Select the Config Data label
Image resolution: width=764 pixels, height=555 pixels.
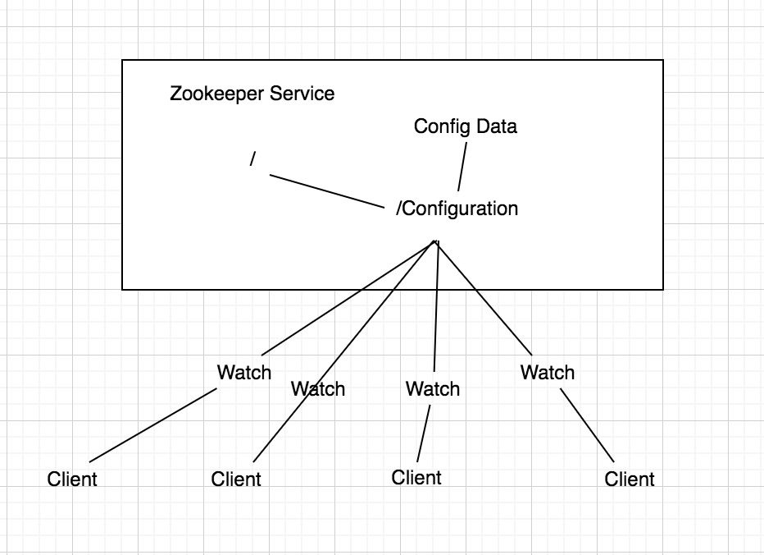tap(465, 126)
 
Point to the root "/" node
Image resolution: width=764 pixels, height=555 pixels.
tap(253, 159)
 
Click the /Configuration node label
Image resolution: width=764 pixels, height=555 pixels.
tap(457, 209)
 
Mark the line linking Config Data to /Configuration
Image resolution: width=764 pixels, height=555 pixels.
tap(462, 167)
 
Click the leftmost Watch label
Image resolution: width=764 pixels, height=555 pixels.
tap(243, 372)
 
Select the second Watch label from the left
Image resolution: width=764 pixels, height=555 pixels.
tap(318, 388)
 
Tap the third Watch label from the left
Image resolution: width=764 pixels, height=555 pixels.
tap(432, 388)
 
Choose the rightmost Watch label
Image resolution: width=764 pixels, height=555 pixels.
tap(547, 372)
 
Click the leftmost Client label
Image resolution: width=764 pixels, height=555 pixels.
tap(72, 479)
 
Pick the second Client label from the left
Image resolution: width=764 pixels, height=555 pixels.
tap(236, 479)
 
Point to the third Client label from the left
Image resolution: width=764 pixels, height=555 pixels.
tap(416, 477)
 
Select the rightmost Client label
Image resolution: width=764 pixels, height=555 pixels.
tap(630, 479)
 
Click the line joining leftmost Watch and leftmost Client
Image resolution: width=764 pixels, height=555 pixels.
tap(153, 424)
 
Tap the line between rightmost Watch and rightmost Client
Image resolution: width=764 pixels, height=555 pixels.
tap(587, 425)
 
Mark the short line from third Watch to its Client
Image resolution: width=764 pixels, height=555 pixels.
tap(423, 433)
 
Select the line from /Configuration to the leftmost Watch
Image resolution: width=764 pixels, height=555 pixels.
tap(348, 296)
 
